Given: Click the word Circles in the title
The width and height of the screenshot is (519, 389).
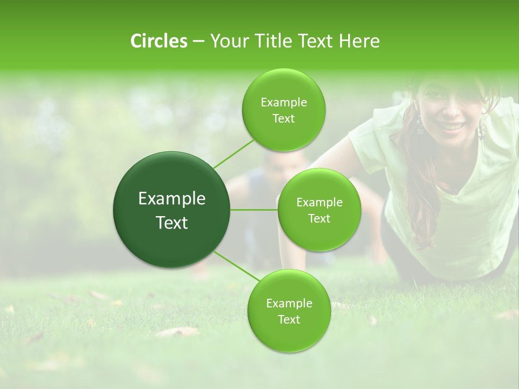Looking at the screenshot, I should point(158,41).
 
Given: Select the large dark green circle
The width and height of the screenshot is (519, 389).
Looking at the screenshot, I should point(172,210).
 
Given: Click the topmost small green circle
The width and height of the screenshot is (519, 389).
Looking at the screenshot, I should point(283,110).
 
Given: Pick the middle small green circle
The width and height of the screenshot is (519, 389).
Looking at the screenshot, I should point(319,210).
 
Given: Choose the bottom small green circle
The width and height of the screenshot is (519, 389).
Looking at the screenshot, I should point(289,311).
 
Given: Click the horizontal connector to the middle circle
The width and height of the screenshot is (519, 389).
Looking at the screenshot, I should point(254,210).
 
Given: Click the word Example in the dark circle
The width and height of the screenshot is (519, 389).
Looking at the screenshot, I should point(172,199).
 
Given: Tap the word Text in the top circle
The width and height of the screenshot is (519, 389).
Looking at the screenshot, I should point(283,119).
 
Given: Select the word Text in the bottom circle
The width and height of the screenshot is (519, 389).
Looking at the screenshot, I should point(289,319).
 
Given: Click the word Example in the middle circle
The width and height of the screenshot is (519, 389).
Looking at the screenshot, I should point(319,203).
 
